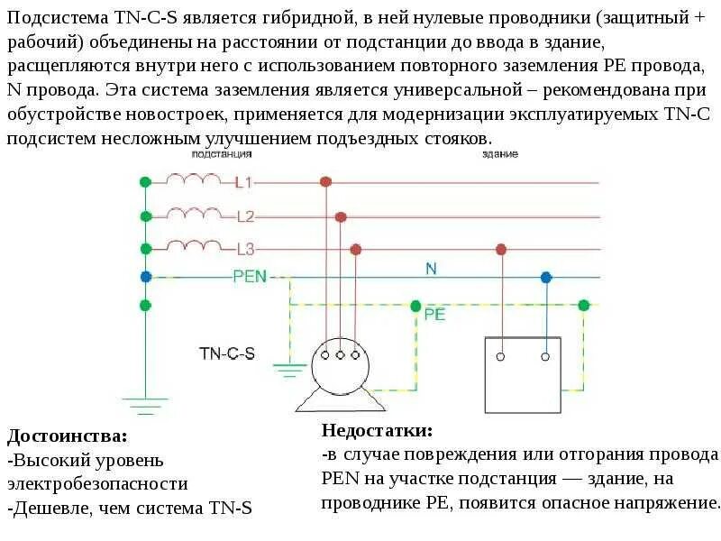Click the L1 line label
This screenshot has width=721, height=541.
tap(244, 182)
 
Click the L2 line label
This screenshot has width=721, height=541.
tap(246, 216)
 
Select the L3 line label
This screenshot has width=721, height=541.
tap(246, 249)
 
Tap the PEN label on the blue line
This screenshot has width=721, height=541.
tap(250, 277)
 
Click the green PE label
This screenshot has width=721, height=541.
tap(434, 315)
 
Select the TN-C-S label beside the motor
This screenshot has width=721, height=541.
tap(227, 353)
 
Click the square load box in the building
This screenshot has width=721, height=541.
tap(523, 373)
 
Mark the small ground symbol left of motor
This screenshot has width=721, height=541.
tap(290, 371)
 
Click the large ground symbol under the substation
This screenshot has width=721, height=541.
tap(144, 399)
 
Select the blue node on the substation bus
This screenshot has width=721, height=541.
tap(145, 277)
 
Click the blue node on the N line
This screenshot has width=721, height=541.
tap(544, 277)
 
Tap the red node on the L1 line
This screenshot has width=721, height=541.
tap(326, 182)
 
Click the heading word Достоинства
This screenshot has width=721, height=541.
tap(68, 437)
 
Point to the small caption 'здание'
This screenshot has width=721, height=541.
tap(499, 154)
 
